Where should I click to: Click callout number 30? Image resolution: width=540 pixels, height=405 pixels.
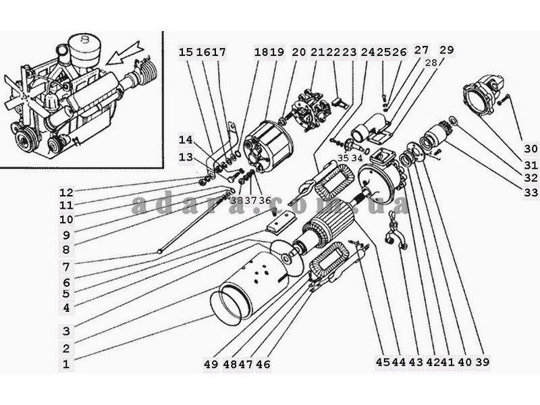click(531, 148)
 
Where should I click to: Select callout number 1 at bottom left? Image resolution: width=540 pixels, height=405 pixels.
click(65, 364)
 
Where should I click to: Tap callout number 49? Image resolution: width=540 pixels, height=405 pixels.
click(211, 364)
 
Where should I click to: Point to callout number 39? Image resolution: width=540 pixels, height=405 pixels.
click(482, 362)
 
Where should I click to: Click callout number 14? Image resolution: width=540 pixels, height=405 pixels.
click(186, 140)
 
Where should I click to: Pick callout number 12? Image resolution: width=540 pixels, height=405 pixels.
click(66, 192)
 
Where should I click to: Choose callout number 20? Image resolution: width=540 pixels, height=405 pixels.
click(299, 52)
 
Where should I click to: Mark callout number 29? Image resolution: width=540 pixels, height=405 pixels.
click(447, 49)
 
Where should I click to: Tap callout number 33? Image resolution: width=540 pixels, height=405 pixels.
click(531, 192)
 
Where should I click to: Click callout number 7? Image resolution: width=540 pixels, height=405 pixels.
click(66, 267)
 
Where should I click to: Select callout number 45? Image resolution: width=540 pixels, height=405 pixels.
click(383, 362)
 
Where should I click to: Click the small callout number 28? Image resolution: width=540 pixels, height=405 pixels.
click(431, 63)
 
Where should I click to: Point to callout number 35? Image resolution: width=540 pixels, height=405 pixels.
click(343, 158)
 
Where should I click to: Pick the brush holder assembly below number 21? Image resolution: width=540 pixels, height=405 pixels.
click(313, 111)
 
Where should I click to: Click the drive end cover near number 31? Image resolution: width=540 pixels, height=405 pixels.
click(484, 93)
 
